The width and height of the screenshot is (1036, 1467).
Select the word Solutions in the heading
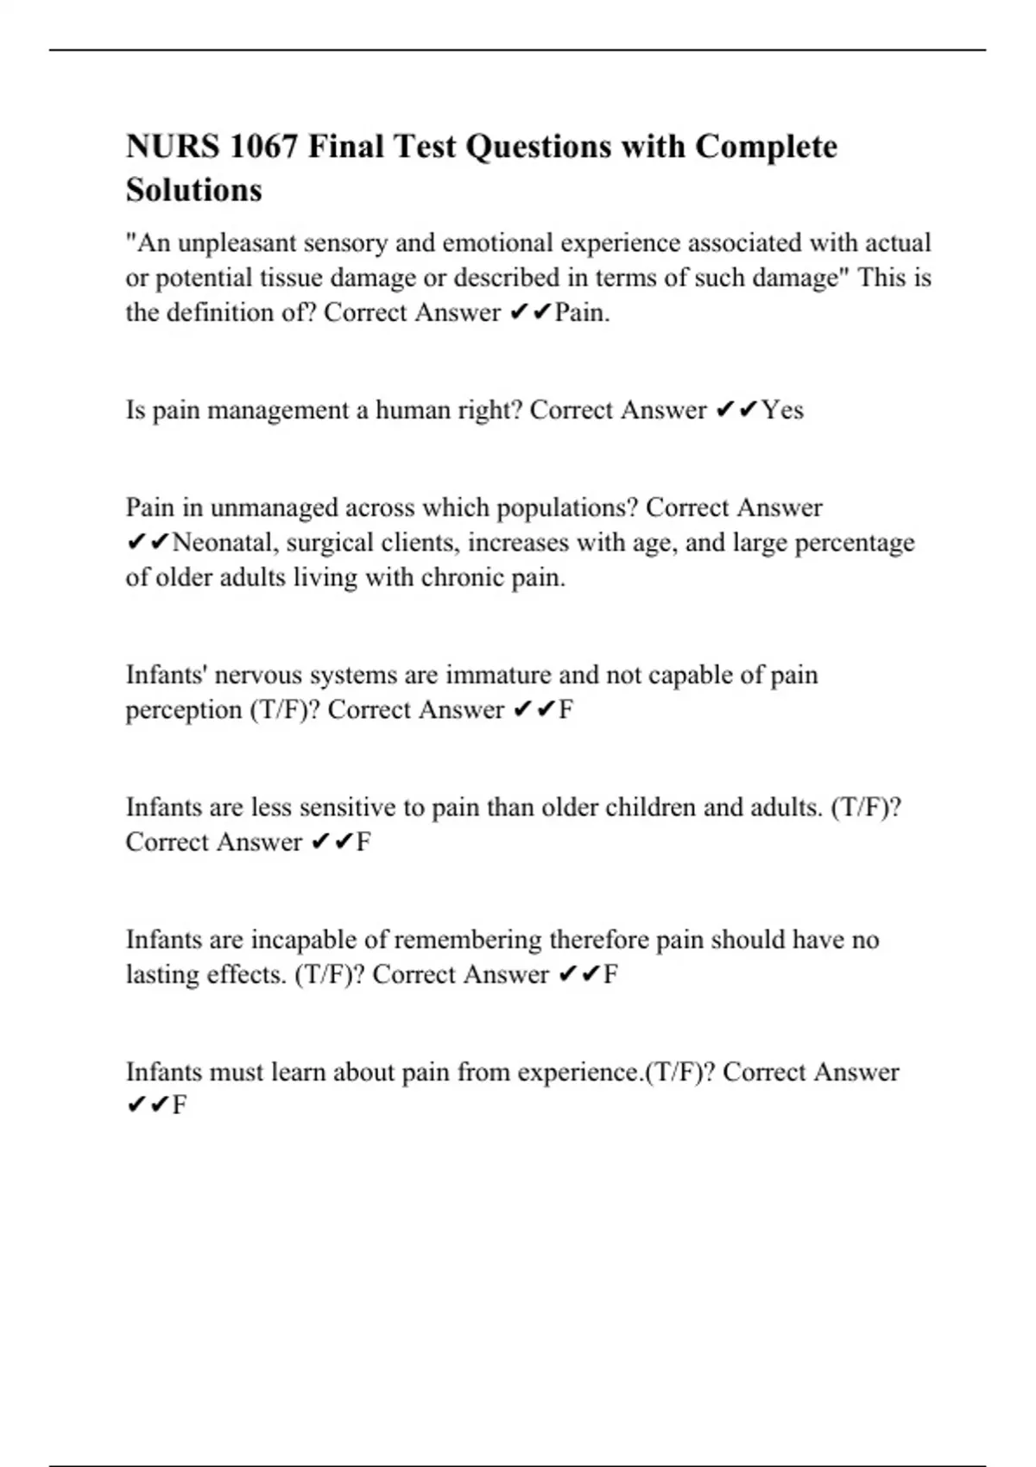pyautogui.click(x=194, y=190)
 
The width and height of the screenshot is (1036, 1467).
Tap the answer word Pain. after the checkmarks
pyautogui.click(x=582, y=312)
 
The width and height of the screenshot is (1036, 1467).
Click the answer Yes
pyautogui.click(x=783, y=410)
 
